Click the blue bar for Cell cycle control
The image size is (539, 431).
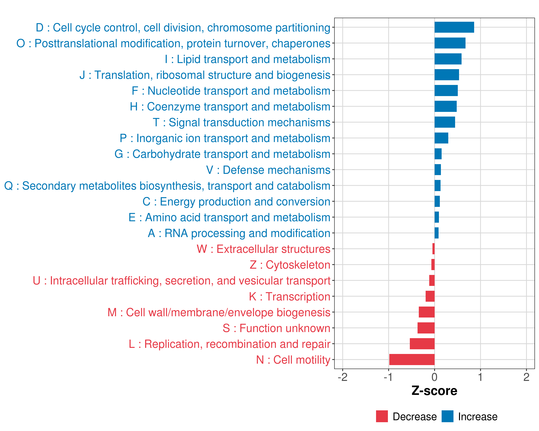(454, 27)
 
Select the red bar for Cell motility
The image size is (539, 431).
(412, 360)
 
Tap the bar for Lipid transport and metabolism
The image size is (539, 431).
(448, 59)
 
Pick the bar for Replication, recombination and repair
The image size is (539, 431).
(422, 344)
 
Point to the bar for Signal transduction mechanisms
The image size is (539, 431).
(444, 122)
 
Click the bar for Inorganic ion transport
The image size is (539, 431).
(441, 138)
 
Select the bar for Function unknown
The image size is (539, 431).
(426, 328)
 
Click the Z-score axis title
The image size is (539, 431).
(434, 391)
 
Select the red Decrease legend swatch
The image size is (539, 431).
(382, 416)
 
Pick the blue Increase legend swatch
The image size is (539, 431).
(447, 416)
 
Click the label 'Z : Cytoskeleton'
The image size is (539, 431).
(290, 265)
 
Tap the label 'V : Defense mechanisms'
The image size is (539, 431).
(268, 170)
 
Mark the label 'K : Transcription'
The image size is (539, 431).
(289, 296)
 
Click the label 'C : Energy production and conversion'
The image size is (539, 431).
(236, 202)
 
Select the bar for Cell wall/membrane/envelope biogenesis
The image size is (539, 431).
(427, 312)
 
